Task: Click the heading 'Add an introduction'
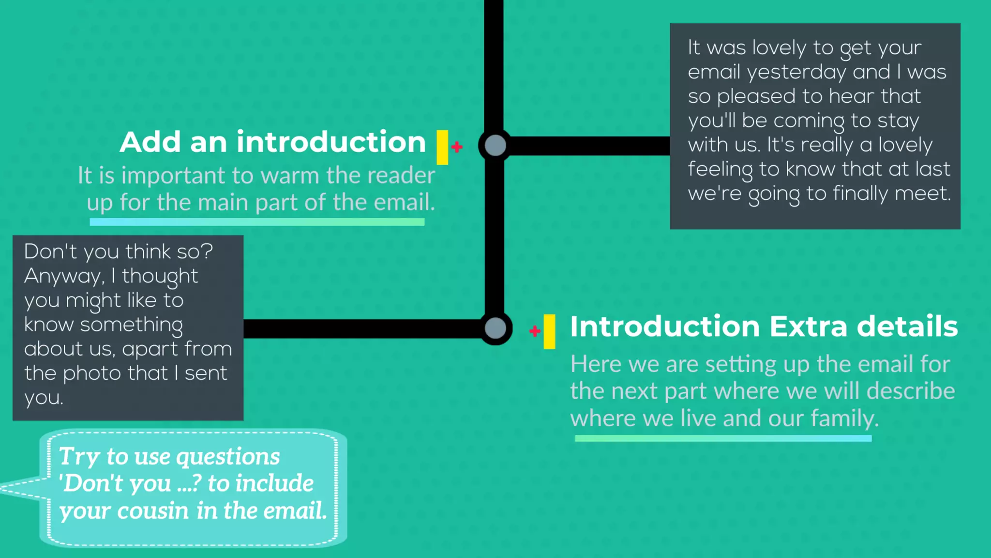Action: (272, 142)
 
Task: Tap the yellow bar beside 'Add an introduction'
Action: (442, 147)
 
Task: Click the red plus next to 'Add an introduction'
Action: (457, 146)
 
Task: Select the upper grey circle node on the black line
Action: (495, 145)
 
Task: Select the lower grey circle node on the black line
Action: (495, 328)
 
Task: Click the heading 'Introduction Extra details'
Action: (764, 326)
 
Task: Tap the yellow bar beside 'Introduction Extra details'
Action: (549, 331)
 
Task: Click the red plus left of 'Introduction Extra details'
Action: (535, 331)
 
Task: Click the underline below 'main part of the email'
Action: (257, 222)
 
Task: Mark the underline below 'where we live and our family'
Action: (723, 438)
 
